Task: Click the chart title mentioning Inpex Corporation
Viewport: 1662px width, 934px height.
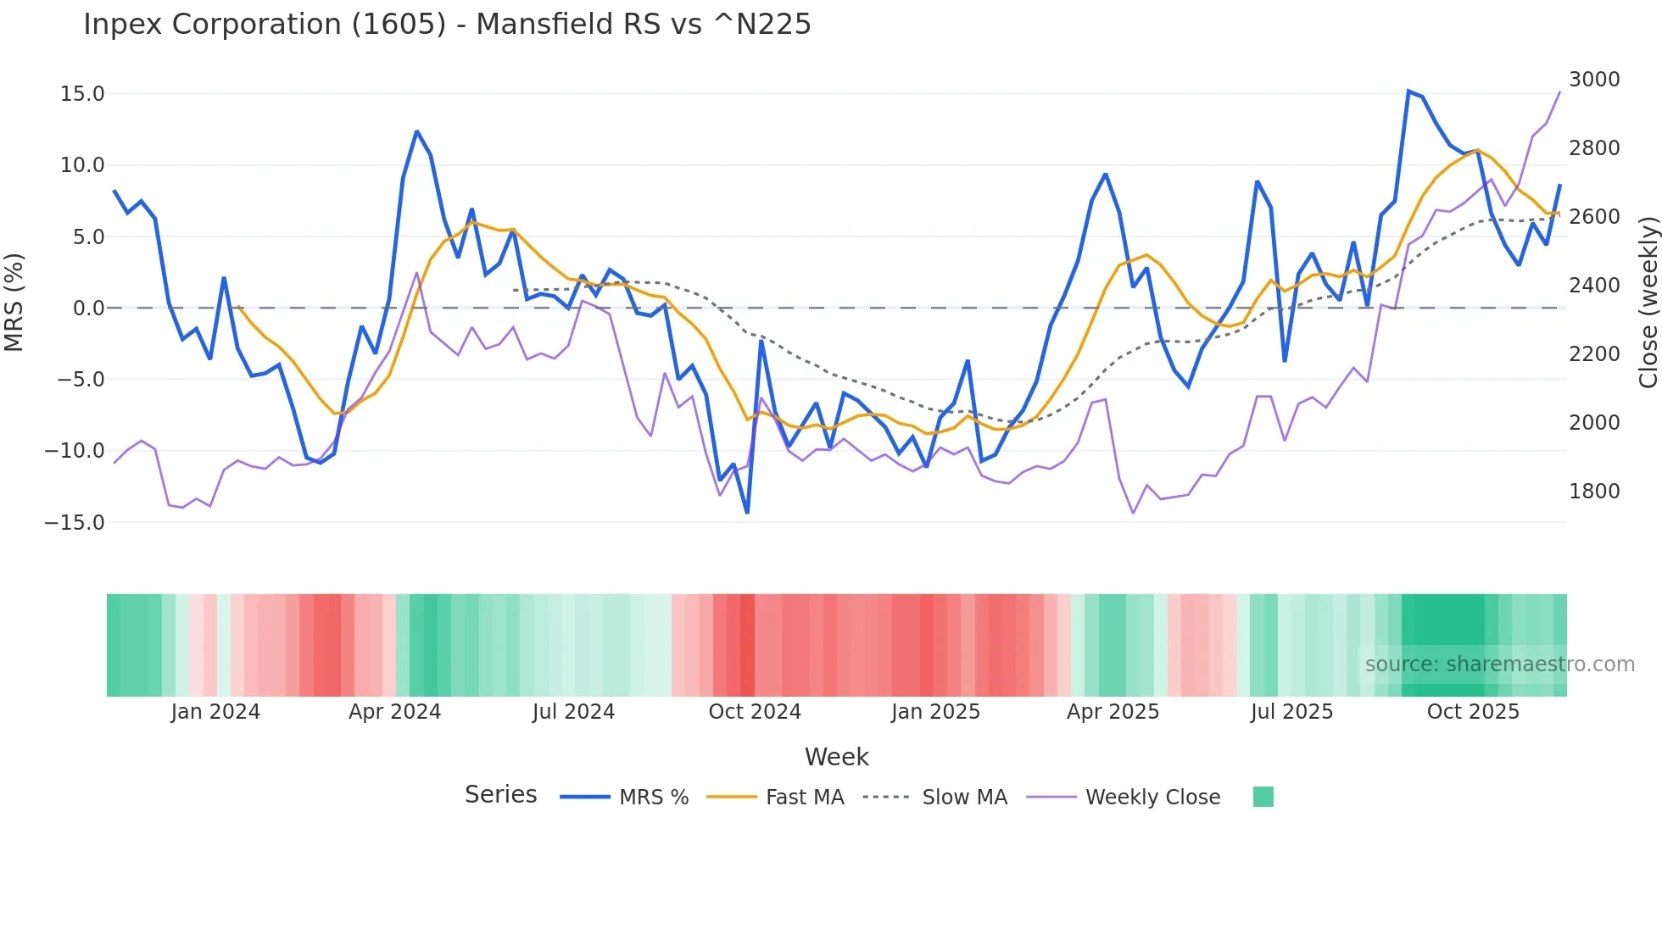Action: (447, 25)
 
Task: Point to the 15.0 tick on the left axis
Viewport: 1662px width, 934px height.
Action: (82, 94)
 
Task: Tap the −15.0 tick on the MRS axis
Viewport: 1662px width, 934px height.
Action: (75, 523)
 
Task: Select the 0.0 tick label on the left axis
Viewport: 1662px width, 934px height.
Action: (88, 309)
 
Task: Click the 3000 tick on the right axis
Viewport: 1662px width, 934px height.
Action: (1594, 80)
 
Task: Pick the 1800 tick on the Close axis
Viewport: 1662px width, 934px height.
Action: (1594, 492)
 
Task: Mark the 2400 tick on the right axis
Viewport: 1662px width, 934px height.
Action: (1594, 286)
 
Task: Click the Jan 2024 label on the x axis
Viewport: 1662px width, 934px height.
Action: (215, 712)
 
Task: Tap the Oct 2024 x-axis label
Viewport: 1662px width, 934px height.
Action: (755, 712)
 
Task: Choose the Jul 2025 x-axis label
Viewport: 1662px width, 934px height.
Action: (1291, 712)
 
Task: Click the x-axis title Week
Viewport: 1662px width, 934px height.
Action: (836, 757)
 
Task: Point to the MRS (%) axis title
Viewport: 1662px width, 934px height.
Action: (14, 303)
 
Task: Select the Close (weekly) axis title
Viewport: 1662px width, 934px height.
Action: (1648, 303)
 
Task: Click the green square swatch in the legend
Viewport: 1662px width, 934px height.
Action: (1263, 797)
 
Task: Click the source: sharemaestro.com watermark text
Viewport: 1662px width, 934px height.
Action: (1499, 664)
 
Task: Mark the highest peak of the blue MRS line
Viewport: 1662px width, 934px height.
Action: (1408, 91)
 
